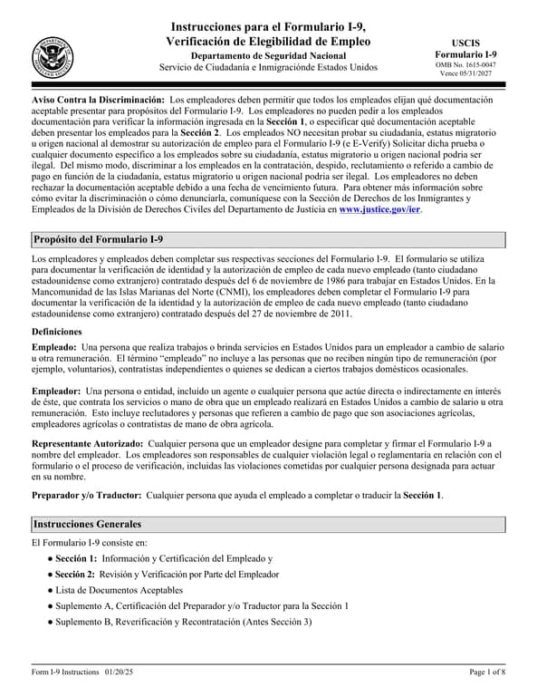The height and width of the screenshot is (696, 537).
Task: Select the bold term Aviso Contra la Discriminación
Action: (x=98, y=98)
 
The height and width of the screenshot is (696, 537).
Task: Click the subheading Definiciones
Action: (x=62, y=332)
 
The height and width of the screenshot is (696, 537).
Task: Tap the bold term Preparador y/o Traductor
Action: (x=86, y=496)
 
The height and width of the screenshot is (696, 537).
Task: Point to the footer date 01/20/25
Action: (x=117, y=672)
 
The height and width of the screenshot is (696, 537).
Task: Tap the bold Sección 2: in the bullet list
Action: (x=75, y=575)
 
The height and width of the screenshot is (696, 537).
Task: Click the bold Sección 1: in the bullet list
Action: (x=75, y=559)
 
